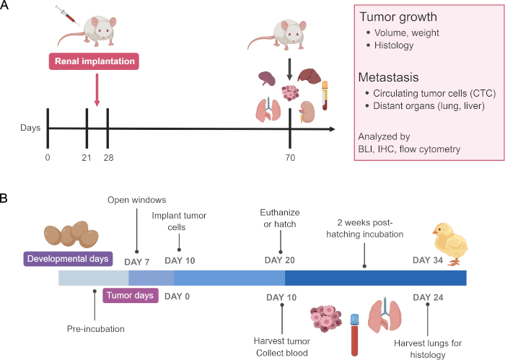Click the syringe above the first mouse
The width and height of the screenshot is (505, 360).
coord(67,15)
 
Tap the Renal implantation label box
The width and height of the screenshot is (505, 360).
coord(94,61)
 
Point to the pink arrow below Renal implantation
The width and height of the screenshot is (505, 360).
coord(97,90)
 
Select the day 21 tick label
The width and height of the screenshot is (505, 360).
coord(87,158)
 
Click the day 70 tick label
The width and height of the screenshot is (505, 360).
coord(290,158)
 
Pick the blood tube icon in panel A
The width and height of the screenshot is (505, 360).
coord(325,96)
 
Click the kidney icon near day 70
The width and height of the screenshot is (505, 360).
coord(307,112)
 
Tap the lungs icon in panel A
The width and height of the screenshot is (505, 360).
coord(268,110)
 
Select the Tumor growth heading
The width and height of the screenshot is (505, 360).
coord(398,17)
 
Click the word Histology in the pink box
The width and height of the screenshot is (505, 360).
coord(394,45)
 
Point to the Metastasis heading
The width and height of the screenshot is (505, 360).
coord(388,77)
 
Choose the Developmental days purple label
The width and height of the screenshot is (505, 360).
coord(68,259)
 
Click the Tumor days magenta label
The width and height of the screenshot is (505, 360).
coord(130,296)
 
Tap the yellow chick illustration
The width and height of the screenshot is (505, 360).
coord(450,245)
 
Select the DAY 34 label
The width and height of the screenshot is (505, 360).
coord(428,260)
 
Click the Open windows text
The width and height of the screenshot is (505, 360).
coord(137,200)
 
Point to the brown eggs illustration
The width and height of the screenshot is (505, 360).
coord(71,234)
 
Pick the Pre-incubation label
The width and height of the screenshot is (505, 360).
coord(96,329)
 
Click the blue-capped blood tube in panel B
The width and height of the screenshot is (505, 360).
coord(355,335)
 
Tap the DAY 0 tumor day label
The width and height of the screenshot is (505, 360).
coord(177,297)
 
